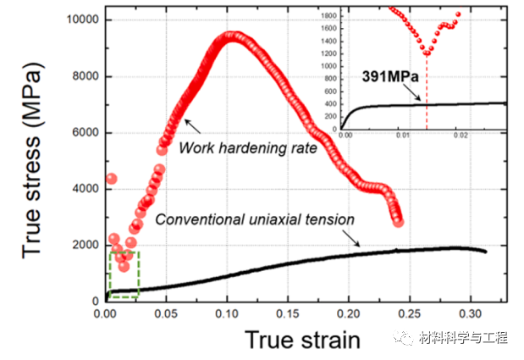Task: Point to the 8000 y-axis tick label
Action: (81, 76)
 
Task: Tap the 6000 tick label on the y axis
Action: (81, 133)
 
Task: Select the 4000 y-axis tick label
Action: (81, 189)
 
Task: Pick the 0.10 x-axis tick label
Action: (227, 313)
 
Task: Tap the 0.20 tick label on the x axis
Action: (350, 313)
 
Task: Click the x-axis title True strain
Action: (302, 341)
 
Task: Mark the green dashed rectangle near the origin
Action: (124, 274)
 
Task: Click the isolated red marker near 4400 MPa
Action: (111, 179)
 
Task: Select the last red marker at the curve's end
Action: (399, 222)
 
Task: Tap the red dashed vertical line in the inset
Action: (427, 93)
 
